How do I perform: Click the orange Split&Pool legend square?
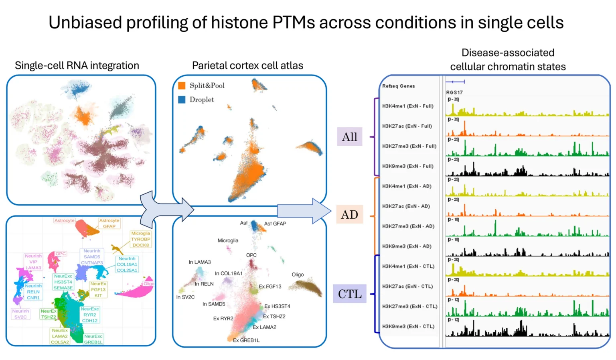click(x=182, y=85)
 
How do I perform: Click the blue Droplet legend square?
click(x=182, y=100)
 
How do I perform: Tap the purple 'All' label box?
click(x=349, y=137)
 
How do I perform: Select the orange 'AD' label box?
click(x=349, y=215)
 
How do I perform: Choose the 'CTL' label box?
click(x=349, y=294)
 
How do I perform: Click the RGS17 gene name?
click(x=454, y=92)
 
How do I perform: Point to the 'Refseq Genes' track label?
click(x=398, y=86)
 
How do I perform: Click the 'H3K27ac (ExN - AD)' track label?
click(x=406, y=206)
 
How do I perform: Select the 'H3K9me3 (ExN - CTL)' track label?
click(x=408, y=326)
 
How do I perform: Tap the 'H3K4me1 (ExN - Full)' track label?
click(x=407, y=106)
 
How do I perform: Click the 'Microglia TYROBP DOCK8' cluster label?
click(x=140, y=239)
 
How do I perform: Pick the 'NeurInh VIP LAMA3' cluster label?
click(x=33, y=262)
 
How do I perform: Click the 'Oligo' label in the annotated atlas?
click(x=298, y=275)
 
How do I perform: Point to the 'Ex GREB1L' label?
click(x=246, y=340)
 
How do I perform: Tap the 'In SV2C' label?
click(x=185, y=297)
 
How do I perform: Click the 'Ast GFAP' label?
click(x=275, y=224)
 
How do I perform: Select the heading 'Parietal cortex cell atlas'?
click(x=247, y=65)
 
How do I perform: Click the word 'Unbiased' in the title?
click(x=85, y=22)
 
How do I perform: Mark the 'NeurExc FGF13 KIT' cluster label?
click(x=98, y=289)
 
